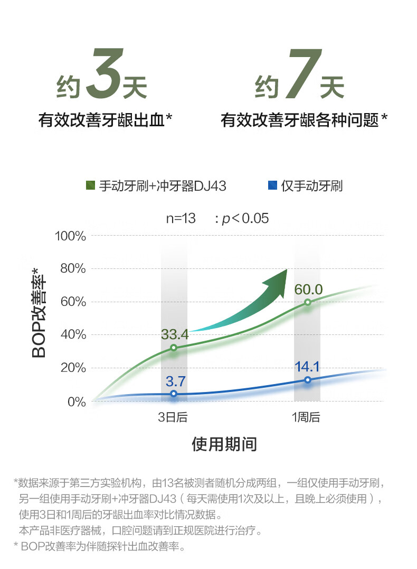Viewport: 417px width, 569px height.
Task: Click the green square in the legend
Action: [x=90, y=185]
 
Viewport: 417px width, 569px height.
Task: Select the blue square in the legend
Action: [x=273, y=185]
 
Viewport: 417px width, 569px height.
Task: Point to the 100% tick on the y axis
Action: [x=70, y=236]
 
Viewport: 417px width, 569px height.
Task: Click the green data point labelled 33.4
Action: [x=174, y=348]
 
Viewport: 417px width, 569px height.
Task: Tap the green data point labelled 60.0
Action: [x=307, y=302]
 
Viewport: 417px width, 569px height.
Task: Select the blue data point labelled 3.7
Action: [x=174, y=394]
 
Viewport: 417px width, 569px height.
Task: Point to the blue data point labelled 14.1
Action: [x=307, y=380]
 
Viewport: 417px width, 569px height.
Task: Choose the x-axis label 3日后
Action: [x=173, y=417]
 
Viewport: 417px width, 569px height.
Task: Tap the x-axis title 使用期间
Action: [x=224, y=444]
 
